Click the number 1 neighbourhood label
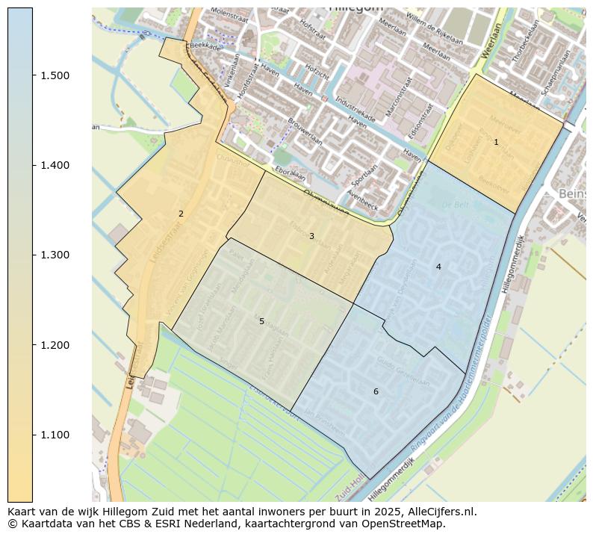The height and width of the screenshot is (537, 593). pos(496,142)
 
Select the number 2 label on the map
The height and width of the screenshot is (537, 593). pos(181,214)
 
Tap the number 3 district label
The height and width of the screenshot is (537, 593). pos(311,236)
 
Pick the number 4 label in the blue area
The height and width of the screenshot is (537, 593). pos(438,267)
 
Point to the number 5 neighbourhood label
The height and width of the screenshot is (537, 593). pos(261,321)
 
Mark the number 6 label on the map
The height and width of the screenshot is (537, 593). pos(376,391)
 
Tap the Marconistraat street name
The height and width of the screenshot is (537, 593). pos(399,95)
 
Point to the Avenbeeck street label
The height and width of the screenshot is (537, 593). pos(362,197)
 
